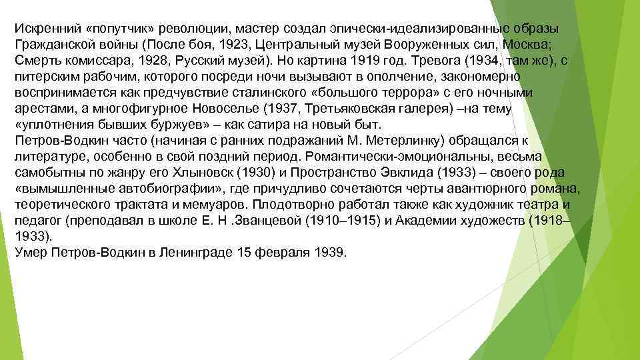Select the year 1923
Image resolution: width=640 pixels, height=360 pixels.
click(x=239, y=46)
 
